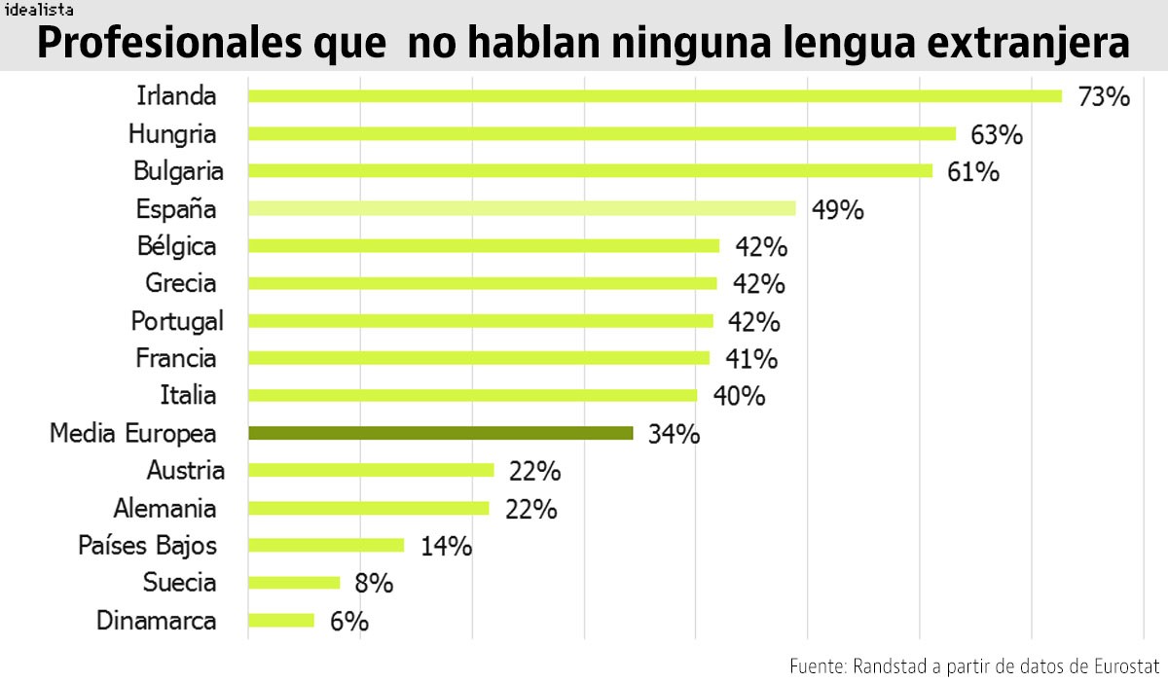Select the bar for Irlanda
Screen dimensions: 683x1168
pyautogui.click(x=654, y=95)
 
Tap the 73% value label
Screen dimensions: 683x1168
pyautogui.click(x=1104, y=97)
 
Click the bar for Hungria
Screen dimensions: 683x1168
pyautogui.click(x=602, y=133)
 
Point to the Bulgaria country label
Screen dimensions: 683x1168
pyautogui.click(x=178, y=171)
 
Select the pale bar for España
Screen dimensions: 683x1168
pyautogui.click(x=522, y=208)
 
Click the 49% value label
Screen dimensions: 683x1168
pyautogui.click(x=837, y=210)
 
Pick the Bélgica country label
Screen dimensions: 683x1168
pyautogui.click(x=176, y=246)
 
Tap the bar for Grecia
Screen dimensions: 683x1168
pyautogui.click(x=483, y=283)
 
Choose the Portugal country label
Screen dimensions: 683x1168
pyautogui.click(x=177, y=321)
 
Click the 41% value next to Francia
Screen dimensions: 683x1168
pyautogui.click(x=751, y=360)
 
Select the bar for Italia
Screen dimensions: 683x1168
pyautogui.click(x=473, y=395)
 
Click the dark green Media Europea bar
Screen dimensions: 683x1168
pyautogui.click(x=441, y=433)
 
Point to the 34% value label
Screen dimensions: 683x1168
pyautogui.click(x=674, y=435)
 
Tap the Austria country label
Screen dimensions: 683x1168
pyautogui.click(x=185, y=471)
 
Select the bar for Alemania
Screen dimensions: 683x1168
pyautogui.click(x=368, y=508)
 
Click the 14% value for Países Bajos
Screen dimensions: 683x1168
pyautogui.click(x=446, y=547)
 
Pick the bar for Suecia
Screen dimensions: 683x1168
pyautogui.click(x=294, y=583)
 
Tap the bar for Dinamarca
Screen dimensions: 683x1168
pyautogui.click(x=281, y=620)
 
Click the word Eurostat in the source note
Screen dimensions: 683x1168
pyautogui.click(x=1124, y=666)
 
